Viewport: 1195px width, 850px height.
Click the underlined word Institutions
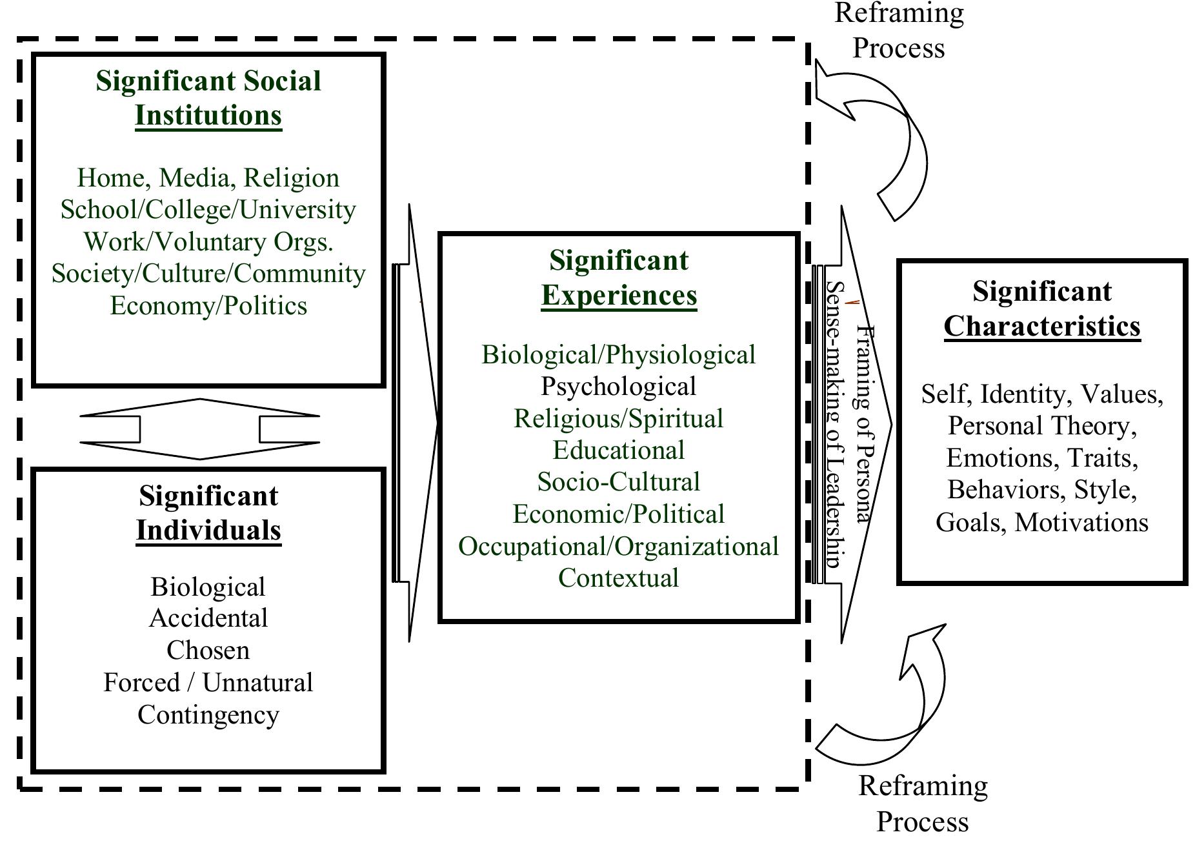click(208, 116)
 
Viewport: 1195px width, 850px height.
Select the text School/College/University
click(208, 210)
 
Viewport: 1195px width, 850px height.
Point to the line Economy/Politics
click(208, 305)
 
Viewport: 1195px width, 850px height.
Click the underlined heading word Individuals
click(208, 531)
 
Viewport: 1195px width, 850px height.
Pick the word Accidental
click(208, 618)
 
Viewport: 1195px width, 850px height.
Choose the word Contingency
click(208, 714)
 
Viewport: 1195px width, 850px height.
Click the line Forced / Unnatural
click(208, 682)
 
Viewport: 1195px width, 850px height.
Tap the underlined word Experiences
click(619, 295)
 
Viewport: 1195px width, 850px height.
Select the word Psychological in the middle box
click(618, 387)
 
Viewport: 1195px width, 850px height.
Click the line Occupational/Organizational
click(618, 546)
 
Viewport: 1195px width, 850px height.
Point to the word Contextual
click(618, 578)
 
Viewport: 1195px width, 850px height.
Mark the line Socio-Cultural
click(618, 482)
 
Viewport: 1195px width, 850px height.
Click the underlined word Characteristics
click(1041, 326)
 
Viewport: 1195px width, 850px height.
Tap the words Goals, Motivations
click(1041, 522)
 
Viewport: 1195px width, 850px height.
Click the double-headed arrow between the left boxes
click(199, 429)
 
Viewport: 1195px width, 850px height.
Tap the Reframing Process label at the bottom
click(923, 804)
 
